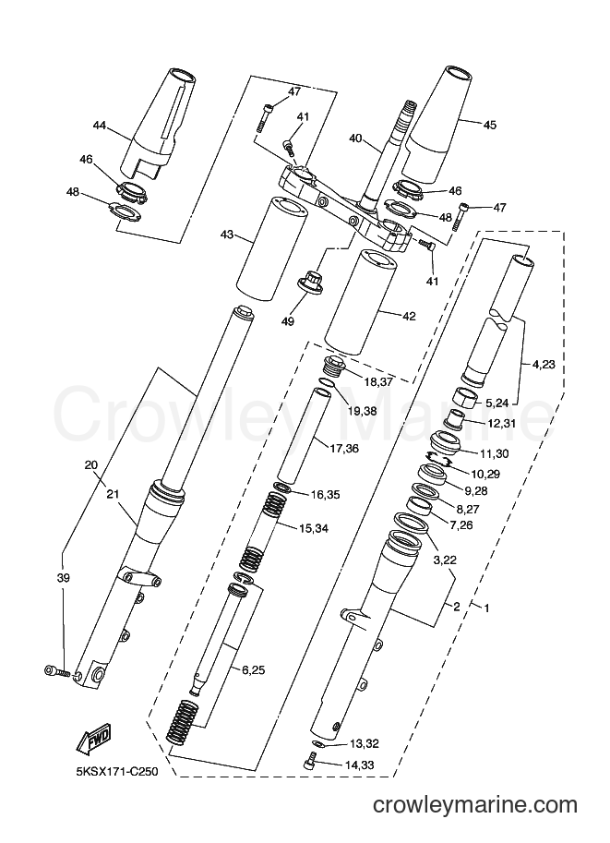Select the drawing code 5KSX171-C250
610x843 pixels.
117,772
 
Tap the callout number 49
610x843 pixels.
288,321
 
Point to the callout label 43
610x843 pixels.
227,235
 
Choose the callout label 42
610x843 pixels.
409,316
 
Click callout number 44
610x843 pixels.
100,126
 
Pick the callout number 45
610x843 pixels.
490,126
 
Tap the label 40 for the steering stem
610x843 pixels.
356,138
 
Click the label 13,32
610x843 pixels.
365,744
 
